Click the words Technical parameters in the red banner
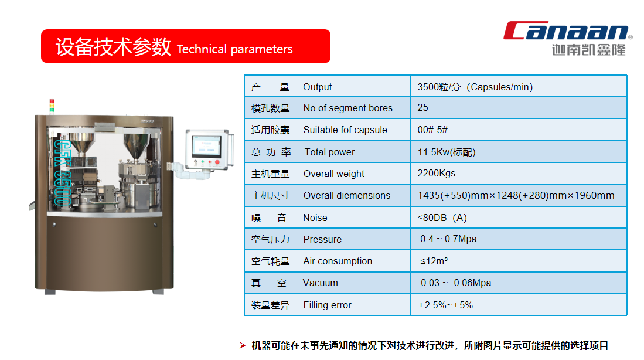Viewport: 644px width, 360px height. coord(234,49)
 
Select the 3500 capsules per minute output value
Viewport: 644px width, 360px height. coord(475,87)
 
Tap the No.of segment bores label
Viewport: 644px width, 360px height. coord(348,108)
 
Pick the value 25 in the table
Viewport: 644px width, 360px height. coord(422,108)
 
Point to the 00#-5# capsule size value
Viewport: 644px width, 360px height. coord(432,130)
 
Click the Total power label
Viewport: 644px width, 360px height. coord(329,152)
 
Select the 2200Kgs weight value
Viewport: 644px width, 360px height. coord(436,174)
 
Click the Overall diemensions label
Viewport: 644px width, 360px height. coord(347,196)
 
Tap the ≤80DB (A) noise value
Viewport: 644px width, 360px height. coord(442,218)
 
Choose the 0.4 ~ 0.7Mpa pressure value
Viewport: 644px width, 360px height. coord(448,239)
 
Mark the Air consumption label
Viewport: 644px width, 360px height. coord(338,261)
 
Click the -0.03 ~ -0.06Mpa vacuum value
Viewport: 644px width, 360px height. coord(454,283)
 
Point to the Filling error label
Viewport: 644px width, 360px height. coord(328,305)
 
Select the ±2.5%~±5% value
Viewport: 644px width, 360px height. coord(445,305)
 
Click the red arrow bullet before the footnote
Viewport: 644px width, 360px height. coord(243,345)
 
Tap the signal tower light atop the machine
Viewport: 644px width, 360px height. coord(52,106)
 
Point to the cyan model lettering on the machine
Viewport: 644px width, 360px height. coord(63,172)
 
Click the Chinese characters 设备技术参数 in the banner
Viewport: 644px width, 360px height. coord(113,46)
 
